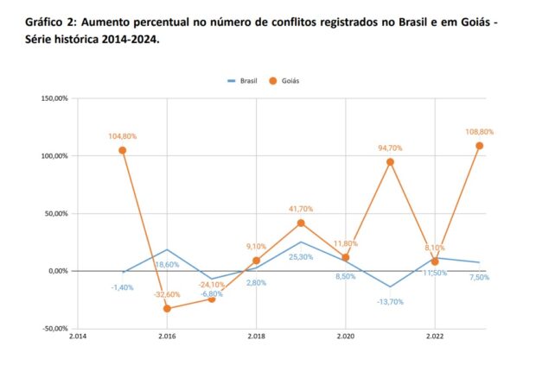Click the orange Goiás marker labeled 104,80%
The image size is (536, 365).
pyautogui.click(x=123, y=150)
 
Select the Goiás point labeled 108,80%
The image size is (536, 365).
pyautogui.click(x=479, y=146)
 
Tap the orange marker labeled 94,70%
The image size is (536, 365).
pyautogui.click(x=390, y=162)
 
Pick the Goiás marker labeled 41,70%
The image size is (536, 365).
pyautogui.click(x=301, y=223)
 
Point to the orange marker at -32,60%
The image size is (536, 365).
pyautogui.click(x=167, y=308)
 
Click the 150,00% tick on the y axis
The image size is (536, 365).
pyautogui.click(x=54, y=98)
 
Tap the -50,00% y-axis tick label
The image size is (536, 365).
pyautogui.click(x=54, y=329)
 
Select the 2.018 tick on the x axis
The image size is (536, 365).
pyautogui.click(x=256, y=337)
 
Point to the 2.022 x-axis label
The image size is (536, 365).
pyautogui.click(x=434, y=337)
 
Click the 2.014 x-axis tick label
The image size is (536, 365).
pyautogui.click(x=78, y=337)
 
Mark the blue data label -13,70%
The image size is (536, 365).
pyautogui.click(x=390, y=302)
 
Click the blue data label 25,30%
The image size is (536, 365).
pyautogui.click(x=301, y=257)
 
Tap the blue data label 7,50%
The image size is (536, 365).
pyautogui.click(x=478, y=277)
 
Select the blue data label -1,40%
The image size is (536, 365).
pyautogui.click(x=122, y=287)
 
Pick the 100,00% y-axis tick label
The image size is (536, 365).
pyautogui.click(x=54, y=156)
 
